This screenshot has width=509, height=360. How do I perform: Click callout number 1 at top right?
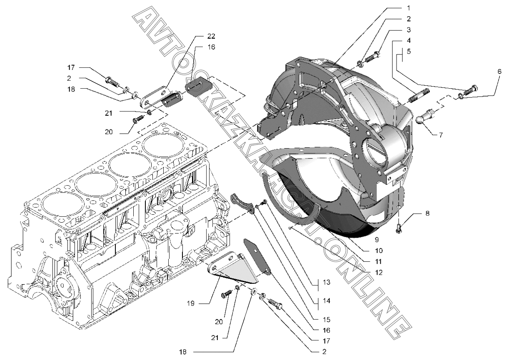point(408,7)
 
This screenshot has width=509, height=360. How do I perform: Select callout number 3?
point(409,30)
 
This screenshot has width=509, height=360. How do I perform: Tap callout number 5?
point(409,52)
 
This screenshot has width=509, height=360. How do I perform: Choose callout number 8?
point(427,213)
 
